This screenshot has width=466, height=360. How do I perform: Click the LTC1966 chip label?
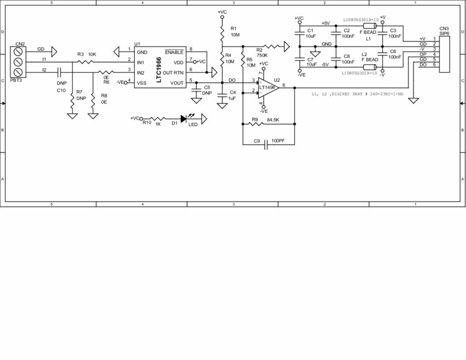pos(159,66)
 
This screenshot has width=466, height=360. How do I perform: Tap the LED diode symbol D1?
pos(184,118)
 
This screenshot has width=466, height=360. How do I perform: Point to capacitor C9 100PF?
pos(266,145)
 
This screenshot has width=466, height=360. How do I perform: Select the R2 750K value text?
pos(262,55)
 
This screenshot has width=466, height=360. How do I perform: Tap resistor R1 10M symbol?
pos(222,34)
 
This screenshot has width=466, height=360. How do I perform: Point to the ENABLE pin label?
pos(174,52)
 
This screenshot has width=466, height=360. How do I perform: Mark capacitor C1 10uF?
pos(299,33)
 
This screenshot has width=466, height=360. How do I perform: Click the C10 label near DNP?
pos(61,90)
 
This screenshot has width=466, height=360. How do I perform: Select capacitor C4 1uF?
pos(222,95)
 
